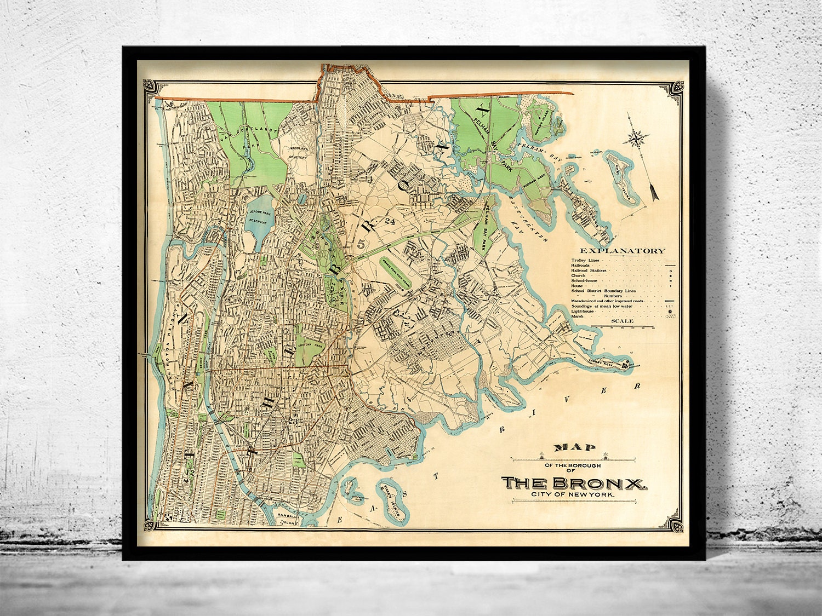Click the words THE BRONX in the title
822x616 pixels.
coord(575,483)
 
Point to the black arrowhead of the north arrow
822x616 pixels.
coord(653,192)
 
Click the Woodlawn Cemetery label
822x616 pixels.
coord(300,152)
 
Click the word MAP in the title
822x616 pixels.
coord(574,447)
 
